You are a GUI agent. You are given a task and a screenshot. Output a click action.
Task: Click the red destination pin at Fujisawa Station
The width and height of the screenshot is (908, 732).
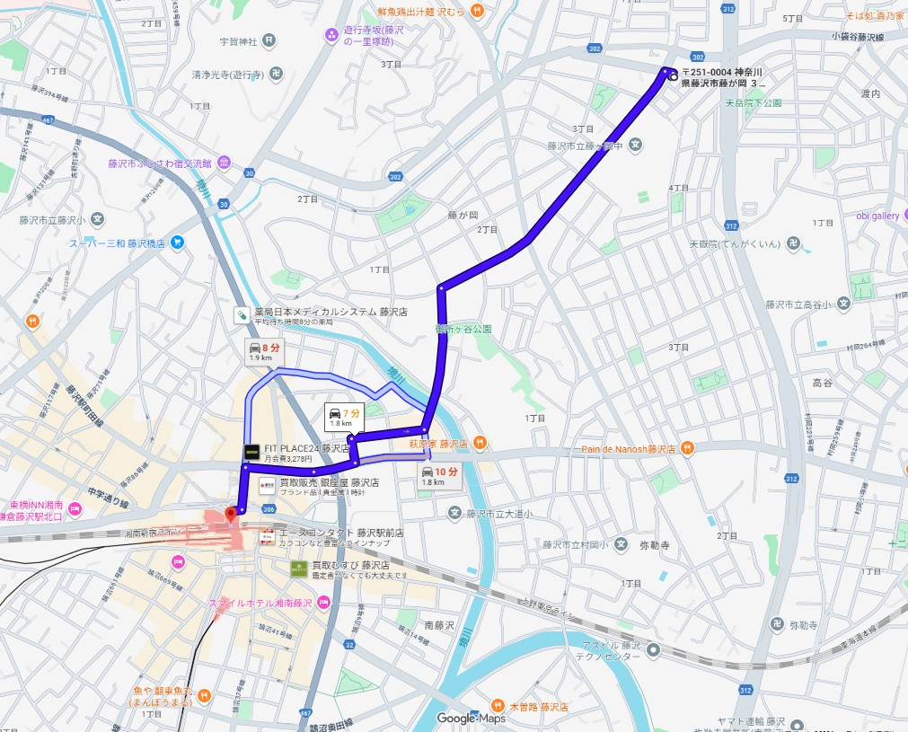pyautogui.click(x=231, y=514)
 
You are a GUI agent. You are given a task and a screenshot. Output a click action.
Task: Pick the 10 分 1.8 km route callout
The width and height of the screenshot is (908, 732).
pyautogui.click(x=440, y=476)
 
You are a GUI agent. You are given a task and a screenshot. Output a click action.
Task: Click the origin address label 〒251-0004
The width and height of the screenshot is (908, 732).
pyautogui.click(x=724, y=77)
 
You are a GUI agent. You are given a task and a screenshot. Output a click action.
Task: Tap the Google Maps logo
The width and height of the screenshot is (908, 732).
pyautogui.click(x=472, y=718)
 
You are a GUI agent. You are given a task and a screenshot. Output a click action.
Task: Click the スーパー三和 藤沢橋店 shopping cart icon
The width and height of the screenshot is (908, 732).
pyautogui.click(x=177, y=242)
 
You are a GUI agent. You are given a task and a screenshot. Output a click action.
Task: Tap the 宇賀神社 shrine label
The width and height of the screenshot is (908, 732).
pyautogui.click(x=238, y=41)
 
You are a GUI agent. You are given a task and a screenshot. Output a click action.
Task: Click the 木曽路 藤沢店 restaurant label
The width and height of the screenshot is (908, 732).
pyautogui.click(x=539, y=707)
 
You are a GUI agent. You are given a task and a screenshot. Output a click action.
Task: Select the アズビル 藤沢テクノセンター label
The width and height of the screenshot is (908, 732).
pyautogui.click(x=610, y=651)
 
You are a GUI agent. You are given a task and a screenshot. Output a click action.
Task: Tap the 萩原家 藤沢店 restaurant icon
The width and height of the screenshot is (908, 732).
pyautogui.click(x=480, y=443)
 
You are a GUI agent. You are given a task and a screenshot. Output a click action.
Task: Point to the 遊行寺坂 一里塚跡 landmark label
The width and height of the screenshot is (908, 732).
pyautogui.click(x=375, y=36)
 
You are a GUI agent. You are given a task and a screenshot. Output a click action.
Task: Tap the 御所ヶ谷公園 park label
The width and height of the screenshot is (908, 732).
pyautogui.click(x=463, y=329)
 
